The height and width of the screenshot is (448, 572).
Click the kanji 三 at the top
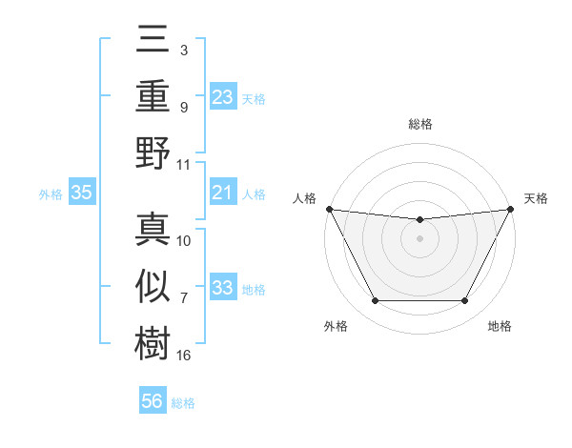click(x=153, y=42)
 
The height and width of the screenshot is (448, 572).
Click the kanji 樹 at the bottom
click(x=153, y=341)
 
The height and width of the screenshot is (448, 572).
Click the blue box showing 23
click(x=222, y=97)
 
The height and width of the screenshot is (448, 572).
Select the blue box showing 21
click(x=222, y=193)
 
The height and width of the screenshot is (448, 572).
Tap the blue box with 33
click(x=222, y=288)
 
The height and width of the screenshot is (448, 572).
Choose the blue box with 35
click(x=81, y=193)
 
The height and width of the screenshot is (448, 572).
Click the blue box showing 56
click(x=153, y=402)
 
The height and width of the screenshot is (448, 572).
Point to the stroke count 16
click(x=184, y=355)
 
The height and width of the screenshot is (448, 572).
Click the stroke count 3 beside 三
click(x=183, y=48)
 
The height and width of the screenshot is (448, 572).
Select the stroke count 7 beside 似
click(x=183, y=299)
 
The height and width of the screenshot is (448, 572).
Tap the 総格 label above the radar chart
click(x=419, y=124)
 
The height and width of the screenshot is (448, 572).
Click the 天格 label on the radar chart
click(x=536, y=198)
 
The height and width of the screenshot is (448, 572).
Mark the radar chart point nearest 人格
click(x=329, y=209)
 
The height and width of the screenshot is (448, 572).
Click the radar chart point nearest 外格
click(x=375, y=301)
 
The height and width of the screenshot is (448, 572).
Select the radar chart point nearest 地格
click(x=465, y=301)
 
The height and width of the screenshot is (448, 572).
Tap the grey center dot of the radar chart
click(x=419, y=238)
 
